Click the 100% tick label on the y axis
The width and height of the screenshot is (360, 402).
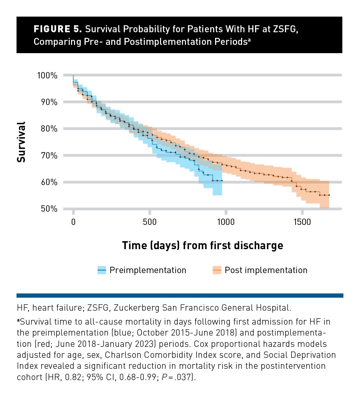[47, 75]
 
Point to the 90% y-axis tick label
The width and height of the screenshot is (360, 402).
[49, 102]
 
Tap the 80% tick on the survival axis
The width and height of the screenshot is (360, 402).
[49, 129]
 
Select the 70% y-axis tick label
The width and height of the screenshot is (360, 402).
[49, 155]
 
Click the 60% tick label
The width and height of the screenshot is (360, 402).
[49, 182]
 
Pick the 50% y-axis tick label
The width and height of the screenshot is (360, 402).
[49, 209]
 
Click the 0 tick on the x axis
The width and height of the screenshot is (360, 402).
[73, 222]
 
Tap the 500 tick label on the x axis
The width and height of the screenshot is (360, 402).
[150, 222]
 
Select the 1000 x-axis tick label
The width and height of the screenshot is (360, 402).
[226, 222]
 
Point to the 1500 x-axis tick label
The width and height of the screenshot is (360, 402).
[302, 222]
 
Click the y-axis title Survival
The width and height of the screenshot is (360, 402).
[21, 142]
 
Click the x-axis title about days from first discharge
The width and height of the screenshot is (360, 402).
[203, 246]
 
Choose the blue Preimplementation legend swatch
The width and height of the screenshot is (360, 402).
[102, 270]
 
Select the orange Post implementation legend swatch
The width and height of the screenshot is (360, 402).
[217, 270]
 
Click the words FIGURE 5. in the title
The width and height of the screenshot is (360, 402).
[58, 29]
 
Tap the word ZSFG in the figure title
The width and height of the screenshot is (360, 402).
[285, 29]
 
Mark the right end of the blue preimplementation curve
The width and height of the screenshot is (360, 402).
[222, 180]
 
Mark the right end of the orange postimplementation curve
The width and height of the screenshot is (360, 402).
[329, 195]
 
